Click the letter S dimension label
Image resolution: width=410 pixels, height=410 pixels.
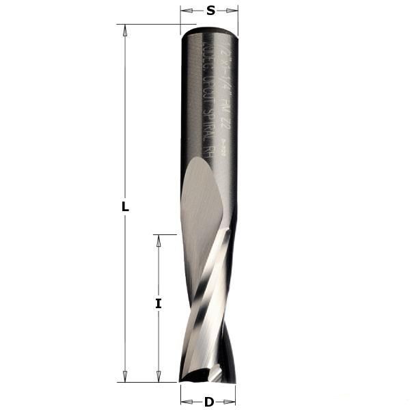click(210, 10)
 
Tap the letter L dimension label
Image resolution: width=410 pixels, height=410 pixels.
click(125, 207)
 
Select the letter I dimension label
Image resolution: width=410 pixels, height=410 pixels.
click(158, 304)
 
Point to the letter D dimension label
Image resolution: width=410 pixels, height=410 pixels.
click(208, 402)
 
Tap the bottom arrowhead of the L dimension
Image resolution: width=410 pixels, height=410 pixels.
click(124, 377)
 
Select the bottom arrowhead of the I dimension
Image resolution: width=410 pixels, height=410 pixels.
click(159, 377)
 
